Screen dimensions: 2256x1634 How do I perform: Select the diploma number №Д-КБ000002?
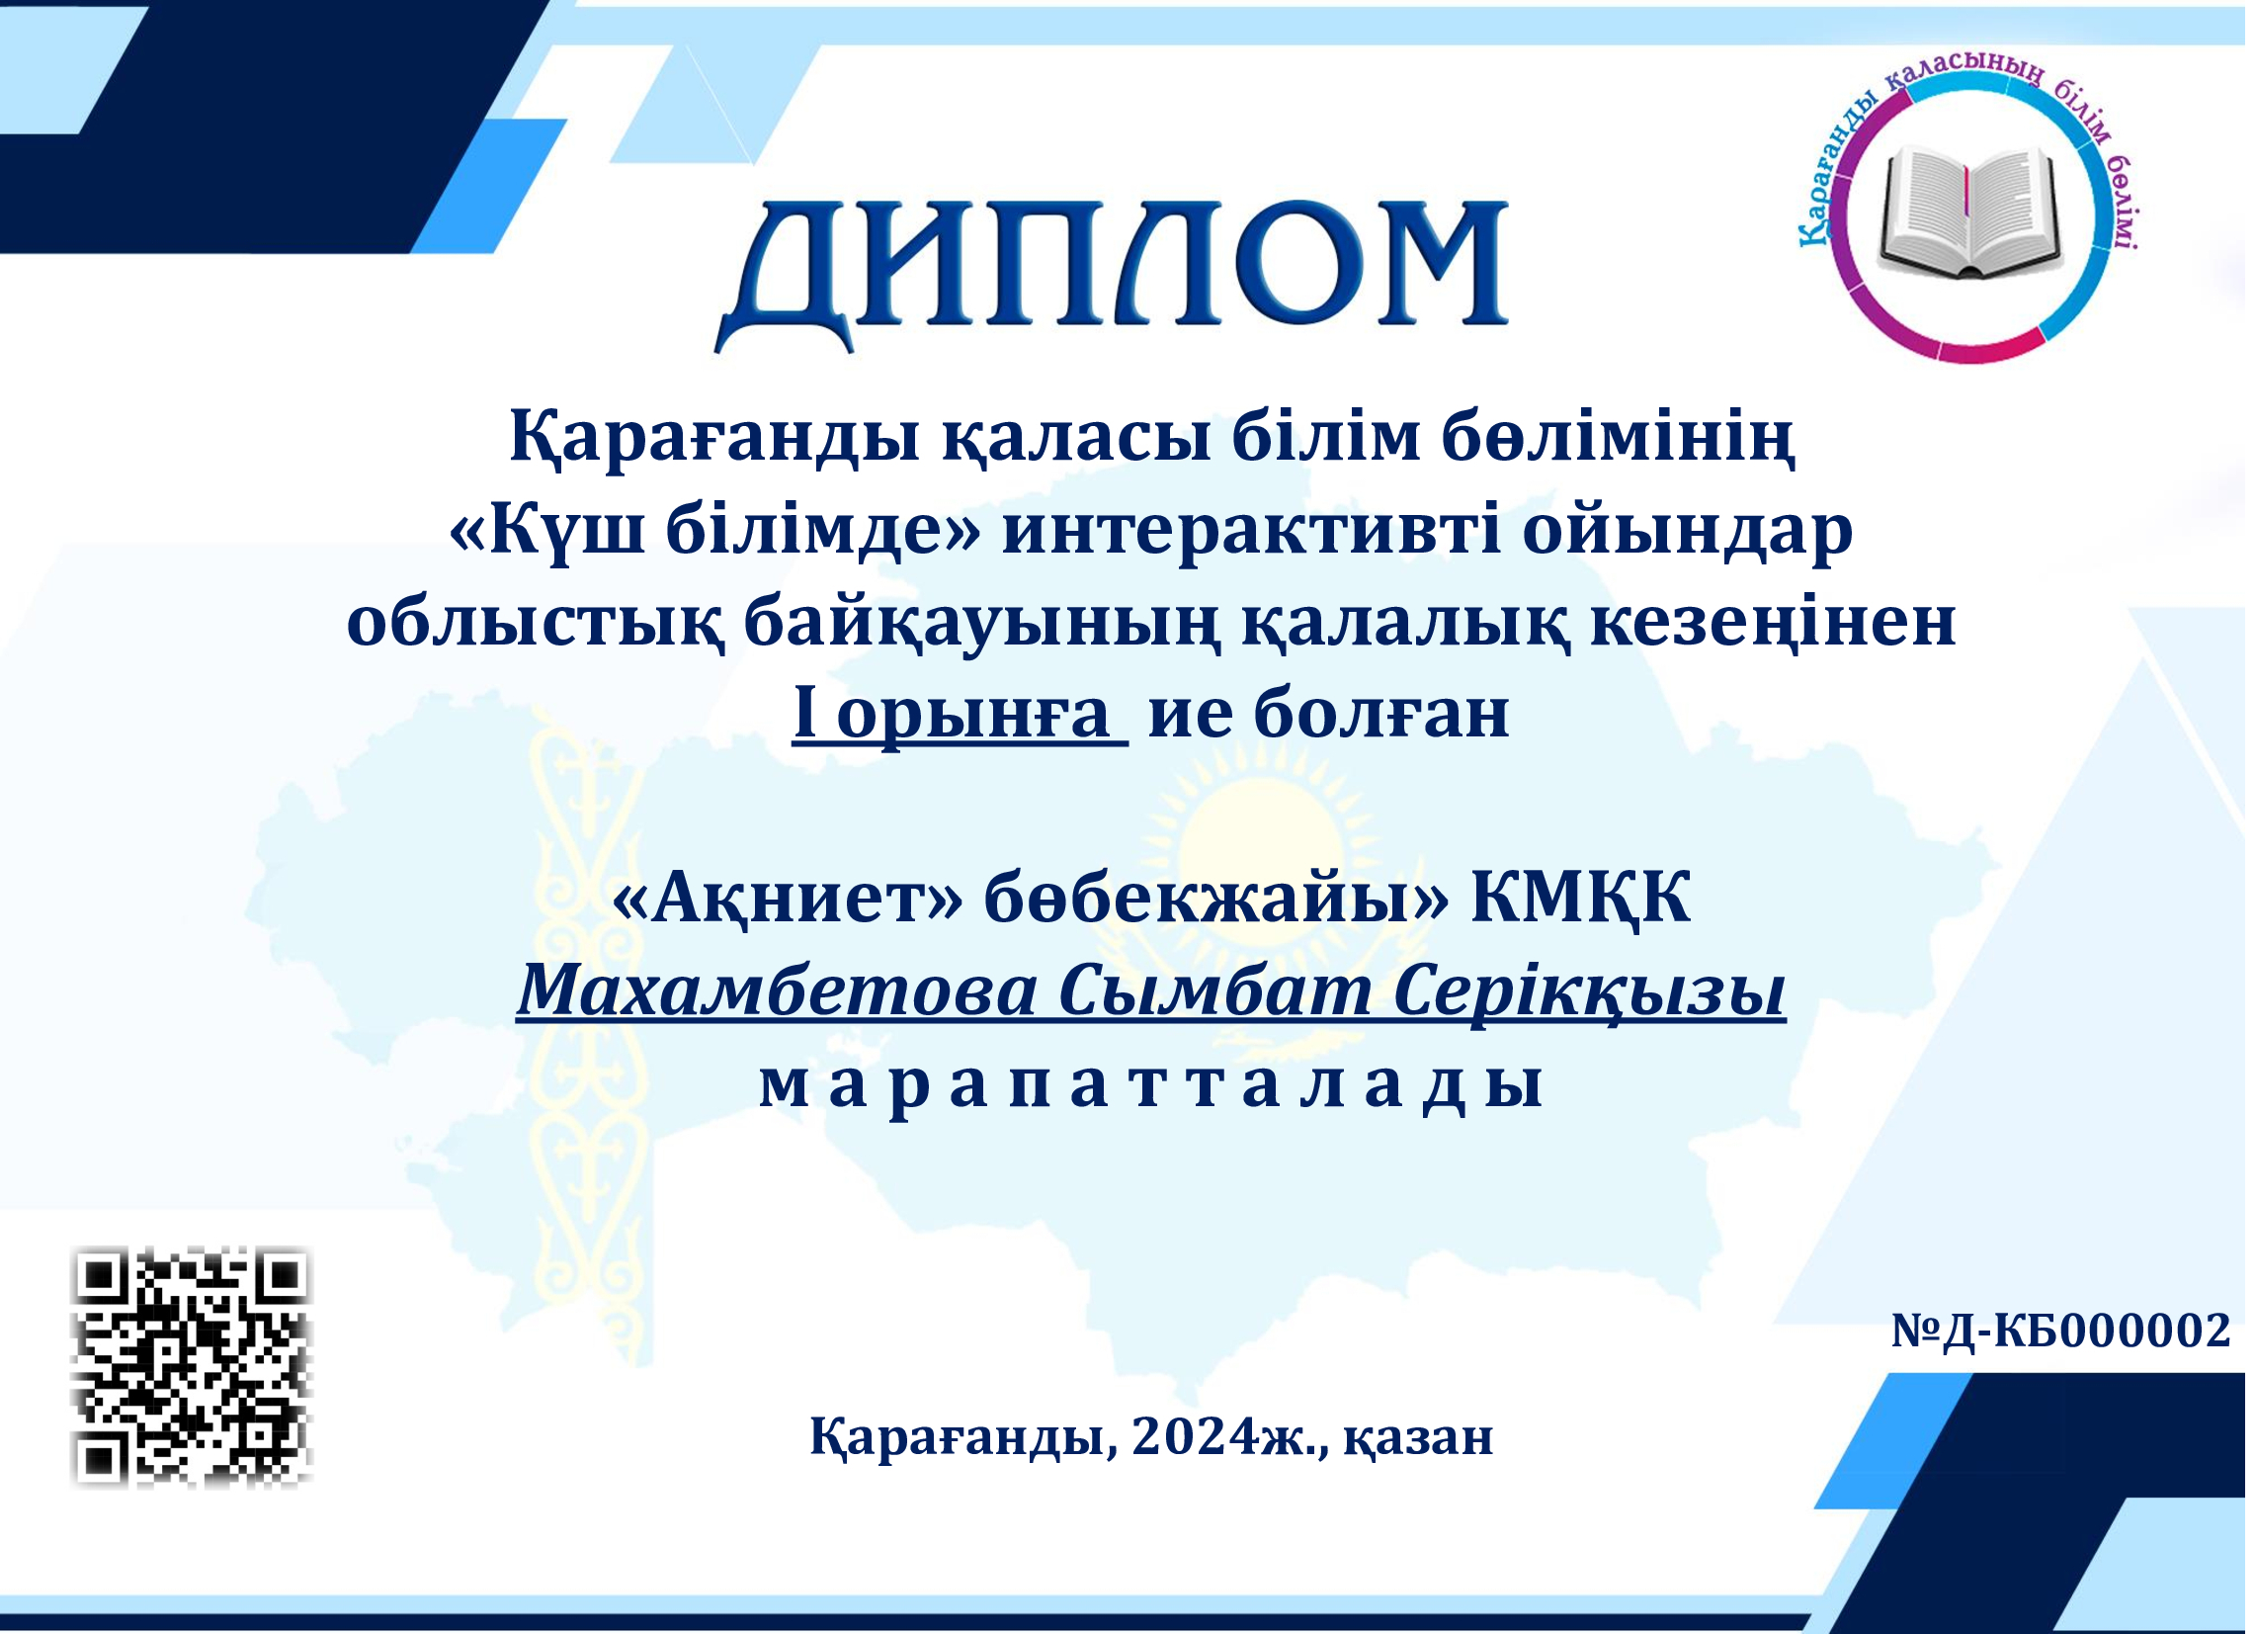click(2062, 1331)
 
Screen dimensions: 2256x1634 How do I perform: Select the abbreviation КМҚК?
click(1582, 899)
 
